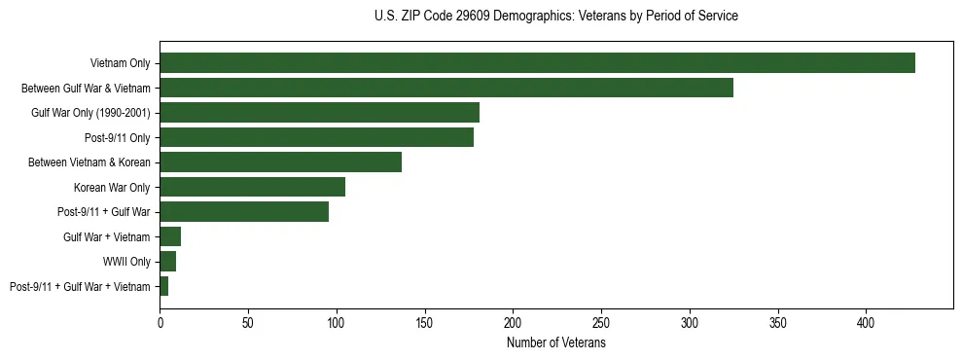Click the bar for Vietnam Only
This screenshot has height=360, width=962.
point(537,62)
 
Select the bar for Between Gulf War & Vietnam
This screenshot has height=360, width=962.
point(446,88)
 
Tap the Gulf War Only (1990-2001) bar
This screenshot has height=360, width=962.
point(319,113)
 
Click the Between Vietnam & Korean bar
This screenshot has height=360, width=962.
point(280,162)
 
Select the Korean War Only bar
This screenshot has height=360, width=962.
point(252,187)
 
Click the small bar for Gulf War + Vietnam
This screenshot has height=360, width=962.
point(170,236)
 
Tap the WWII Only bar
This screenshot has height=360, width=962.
point(168,262)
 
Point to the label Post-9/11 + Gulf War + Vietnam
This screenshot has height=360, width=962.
point(80,287)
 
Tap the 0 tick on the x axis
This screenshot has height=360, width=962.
point(160,321)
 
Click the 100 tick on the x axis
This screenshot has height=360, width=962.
point(337,321)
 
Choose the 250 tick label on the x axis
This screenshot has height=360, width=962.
point(601,321)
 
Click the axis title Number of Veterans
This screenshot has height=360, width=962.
point(555,342)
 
